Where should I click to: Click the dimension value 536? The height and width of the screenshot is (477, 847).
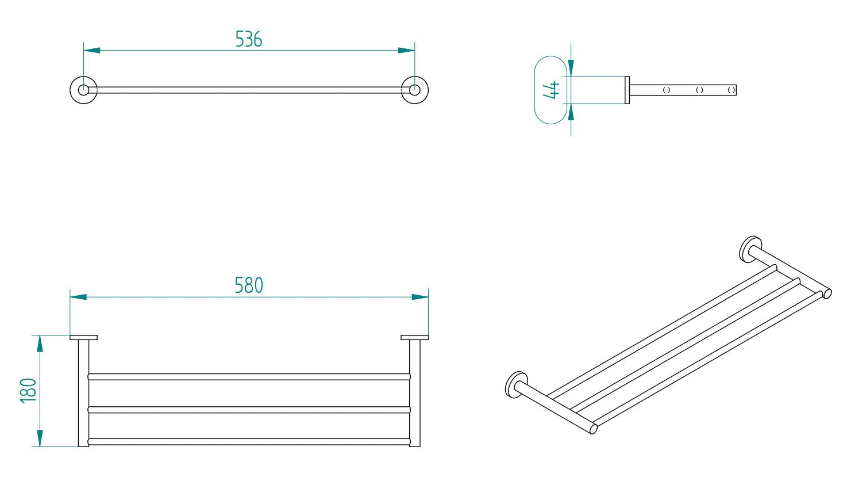(x=249, y=39)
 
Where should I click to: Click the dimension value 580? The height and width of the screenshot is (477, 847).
(x=249, y=285)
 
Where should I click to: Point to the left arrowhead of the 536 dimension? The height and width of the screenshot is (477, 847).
(x=91, y=51)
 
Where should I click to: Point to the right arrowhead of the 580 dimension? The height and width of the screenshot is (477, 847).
(x=420, y=297)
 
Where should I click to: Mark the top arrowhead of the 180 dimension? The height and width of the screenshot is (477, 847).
(x=40, y=343)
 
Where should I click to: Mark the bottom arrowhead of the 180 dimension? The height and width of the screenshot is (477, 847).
(x=40, y=438)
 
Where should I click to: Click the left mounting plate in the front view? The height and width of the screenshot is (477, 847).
(x=84, y=337)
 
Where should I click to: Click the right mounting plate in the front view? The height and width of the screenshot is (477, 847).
(x=414, y=337)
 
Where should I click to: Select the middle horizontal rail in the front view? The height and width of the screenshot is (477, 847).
(x=249, y=410)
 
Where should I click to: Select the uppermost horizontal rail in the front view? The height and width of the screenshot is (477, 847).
(x=249, y=377)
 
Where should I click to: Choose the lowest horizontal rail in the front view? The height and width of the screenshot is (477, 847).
(x=249, y=442)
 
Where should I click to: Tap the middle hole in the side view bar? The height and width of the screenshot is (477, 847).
(x=699, y=90)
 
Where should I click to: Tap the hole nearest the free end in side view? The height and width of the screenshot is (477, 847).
(x=731, y=90)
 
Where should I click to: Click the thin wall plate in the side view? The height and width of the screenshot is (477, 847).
(x=627, y=90)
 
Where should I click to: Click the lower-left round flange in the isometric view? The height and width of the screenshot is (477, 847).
(x=515, y=384)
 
